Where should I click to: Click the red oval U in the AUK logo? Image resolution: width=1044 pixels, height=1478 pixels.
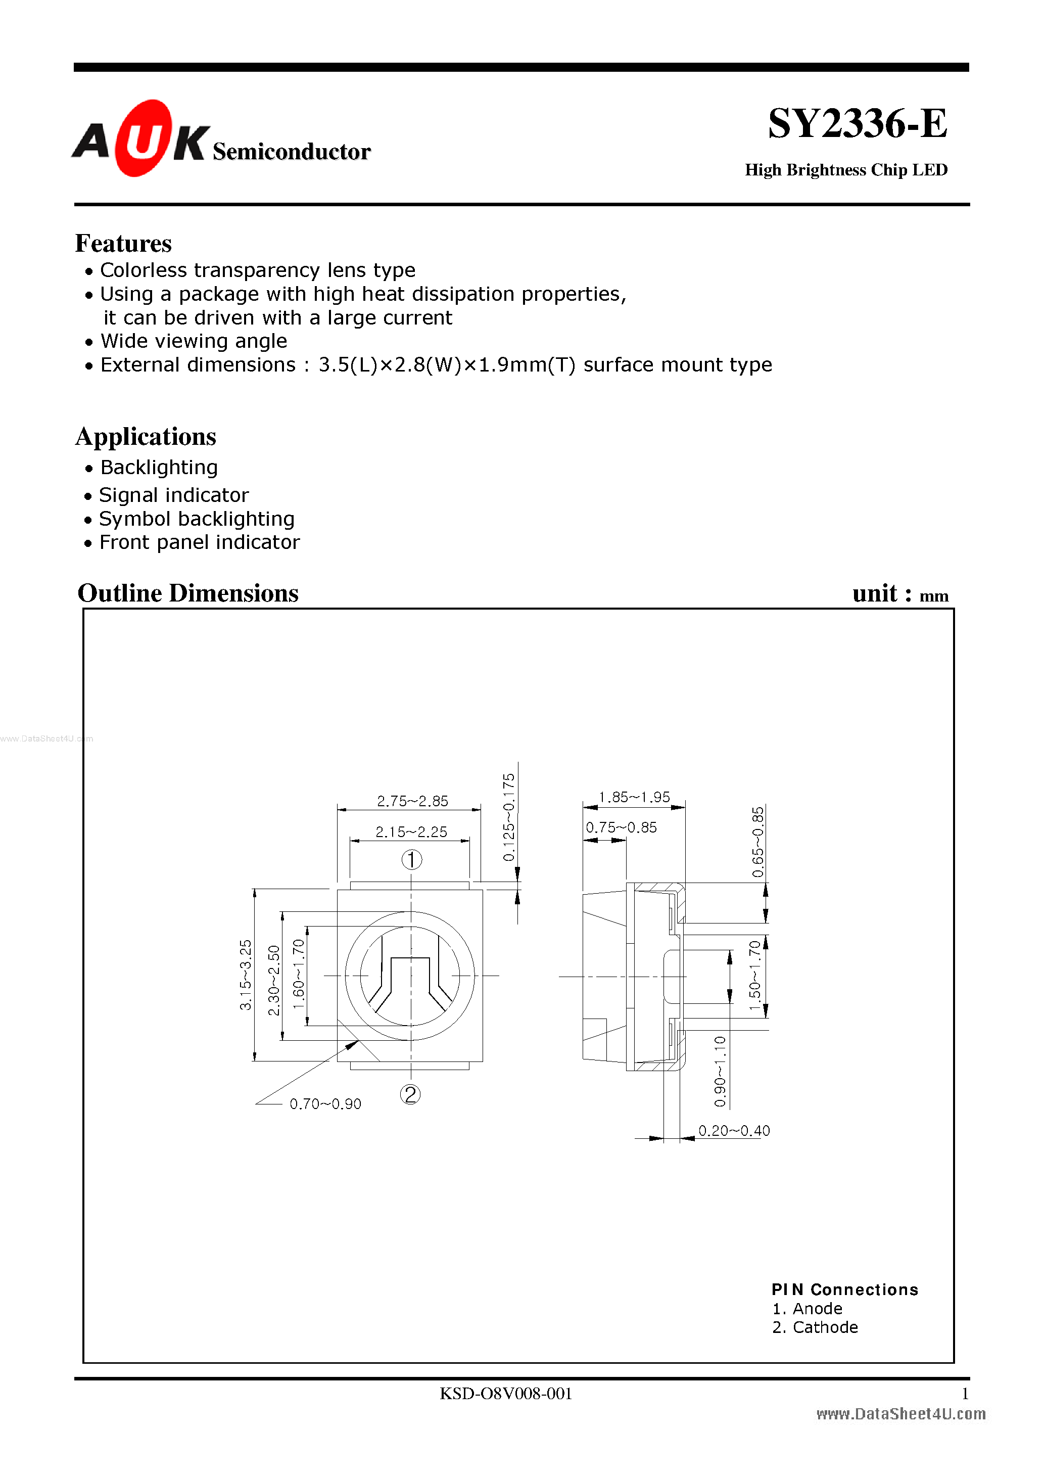(143, 138)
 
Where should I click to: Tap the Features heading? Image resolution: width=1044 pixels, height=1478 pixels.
(124, 243)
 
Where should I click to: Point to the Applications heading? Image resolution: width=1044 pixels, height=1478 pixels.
(146, 436)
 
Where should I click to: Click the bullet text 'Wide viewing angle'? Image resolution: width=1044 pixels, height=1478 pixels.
(194, 341)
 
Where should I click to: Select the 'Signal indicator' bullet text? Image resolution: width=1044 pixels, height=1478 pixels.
(174, 495)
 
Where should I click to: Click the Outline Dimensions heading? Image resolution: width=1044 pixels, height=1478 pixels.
(188, 593)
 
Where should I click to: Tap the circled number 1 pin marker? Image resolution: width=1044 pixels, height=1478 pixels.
(412, 859)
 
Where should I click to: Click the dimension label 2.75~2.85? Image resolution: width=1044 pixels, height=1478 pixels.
(412, 801)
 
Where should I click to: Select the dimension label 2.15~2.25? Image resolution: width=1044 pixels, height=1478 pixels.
(411, 832)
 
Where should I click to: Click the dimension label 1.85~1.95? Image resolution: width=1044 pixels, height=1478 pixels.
(634, 797)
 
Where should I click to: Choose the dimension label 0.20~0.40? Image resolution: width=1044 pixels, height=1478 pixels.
(734, 1130)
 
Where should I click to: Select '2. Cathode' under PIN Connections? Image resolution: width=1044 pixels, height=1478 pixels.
(815, 1327)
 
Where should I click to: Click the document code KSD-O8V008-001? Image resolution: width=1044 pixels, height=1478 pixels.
(505, 1394)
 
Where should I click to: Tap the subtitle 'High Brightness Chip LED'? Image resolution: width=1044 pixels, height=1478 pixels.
(846, 170)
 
